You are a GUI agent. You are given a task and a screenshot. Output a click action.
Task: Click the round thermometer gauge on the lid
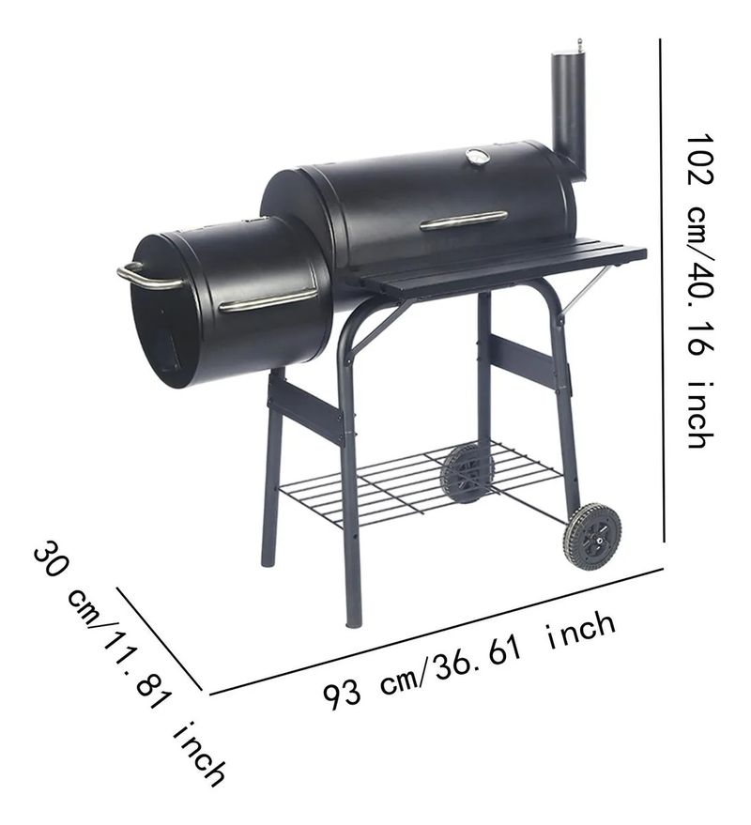pyautogui.click(x=477, y=156)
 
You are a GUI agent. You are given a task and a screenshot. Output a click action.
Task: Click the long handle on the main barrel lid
pyautogui.click(x=464, y=221)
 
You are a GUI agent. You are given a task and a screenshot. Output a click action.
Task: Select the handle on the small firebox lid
pyautogui.click(x=268, y=298)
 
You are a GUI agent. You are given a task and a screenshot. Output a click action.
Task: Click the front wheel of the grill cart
pyautogui.click(x=592, y=537)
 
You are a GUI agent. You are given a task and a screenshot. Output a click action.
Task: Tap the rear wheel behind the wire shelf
pyautogui.click(x=466, y=473)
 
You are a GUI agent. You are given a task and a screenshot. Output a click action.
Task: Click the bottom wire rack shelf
pyautogui.click(x=420, y=484)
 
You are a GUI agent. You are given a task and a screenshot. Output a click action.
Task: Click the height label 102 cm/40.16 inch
pyautogui.click(x=701, y=291)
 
